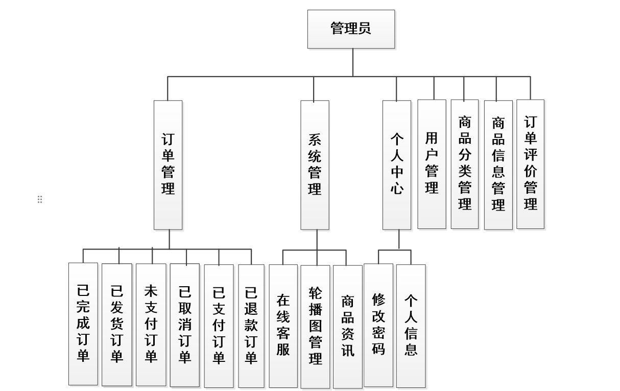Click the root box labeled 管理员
click(x=351, y=29)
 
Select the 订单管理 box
click(x=168, y=165)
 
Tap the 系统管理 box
click(x=315, y=165)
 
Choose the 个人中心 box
click(x=397, y=165)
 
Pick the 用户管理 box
click(x=432, y=164)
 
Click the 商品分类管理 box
click(x=465, y=164)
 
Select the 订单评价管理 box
click(x=530, y=164)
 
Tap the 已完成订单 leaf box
click(x=83, y=324)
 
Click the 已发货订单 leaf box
click(x=117, y=324)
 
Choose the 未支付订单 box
click(x=151, y=324)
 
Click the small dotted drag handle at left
click(x=40, y=199)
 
